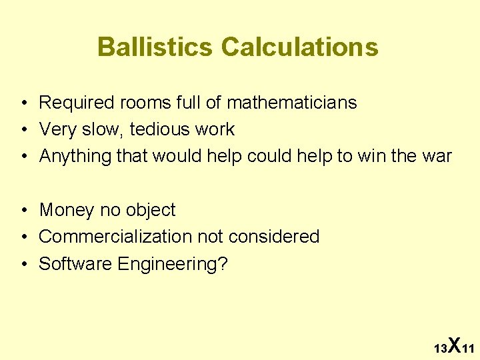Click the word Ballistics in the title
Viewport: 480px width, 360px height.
(155, 47)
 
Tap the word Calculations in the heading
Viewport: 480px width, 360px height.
(299, 47)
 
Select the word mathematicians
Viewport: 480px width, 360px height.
(291, 103)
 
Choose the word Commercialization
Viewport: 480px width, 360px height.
(115, 237)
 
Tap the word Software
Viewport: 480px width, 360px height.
(75, 264)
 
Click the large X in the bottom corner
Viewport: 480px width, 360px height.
(454, 345)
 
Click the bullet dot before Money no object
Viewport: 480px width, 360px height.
(23, 211)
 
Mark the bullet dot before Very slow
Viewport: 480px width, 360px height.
(23, 130)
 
